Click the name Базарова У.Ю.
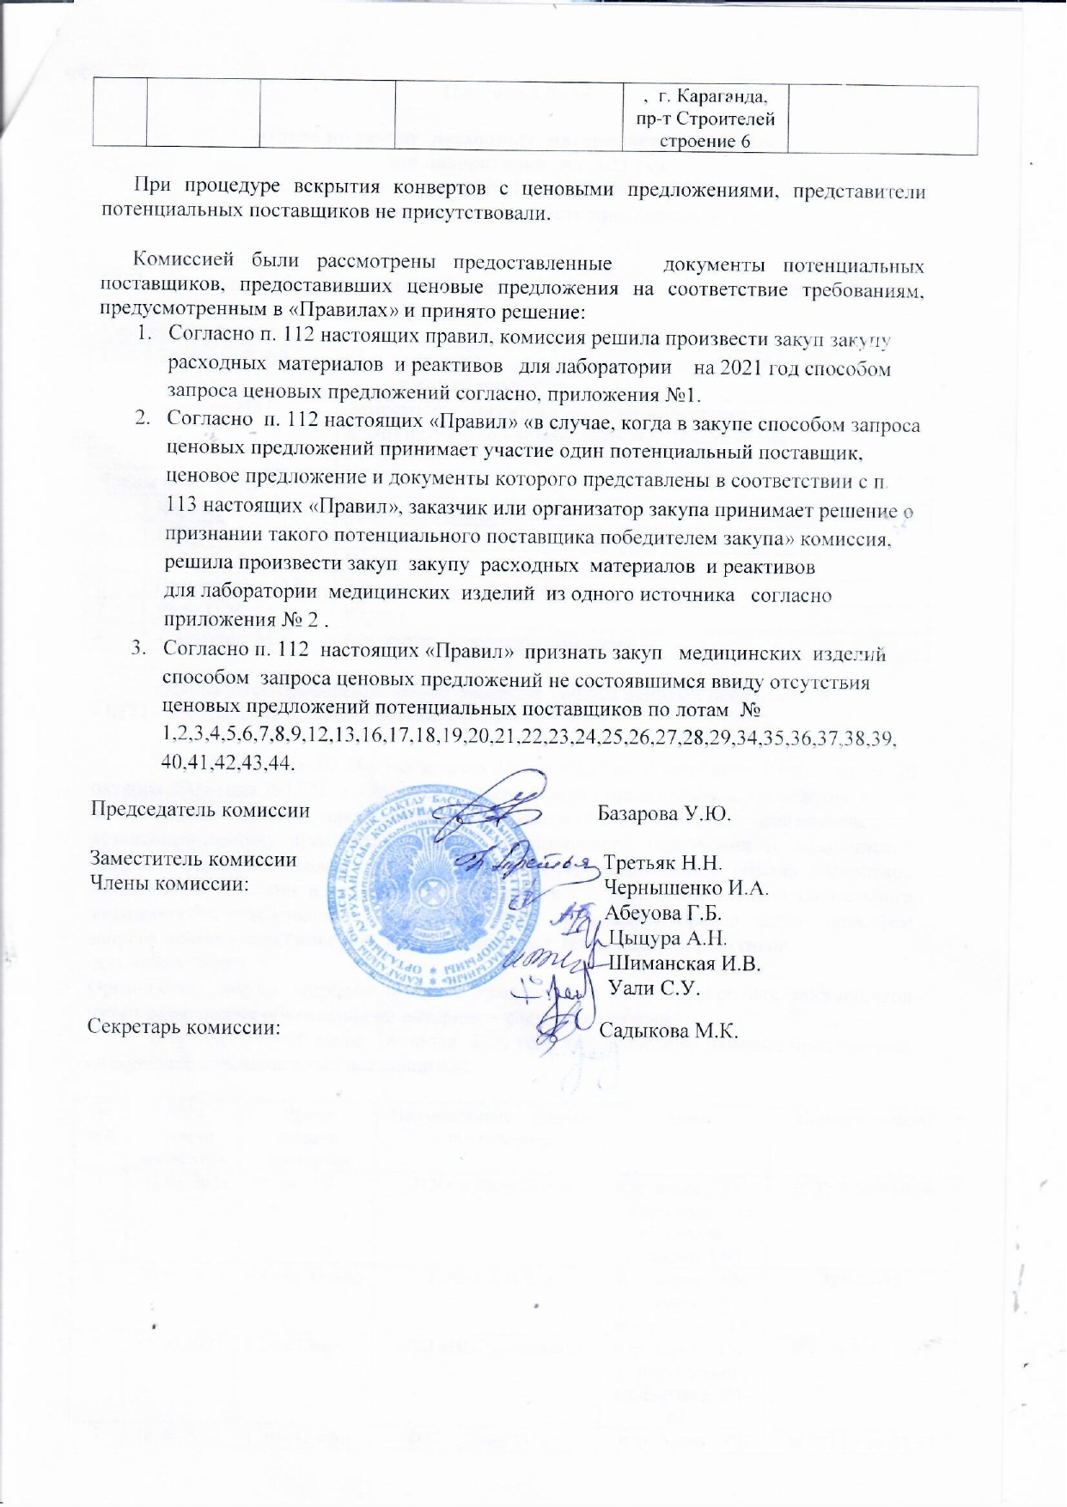click(663, 813)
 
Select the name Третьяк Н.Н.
click(662, 863)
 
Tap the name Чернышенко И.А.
click(686, 888)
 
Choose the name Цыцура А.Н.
click(667, 938)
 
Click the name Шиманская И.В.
click(684, 963)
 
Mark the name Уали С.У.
click(654, 987)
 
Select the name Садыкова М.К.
click(668, 1030)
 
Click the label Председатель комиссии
click(200, 810)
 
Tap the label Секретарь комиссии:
click(184, 1028)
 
